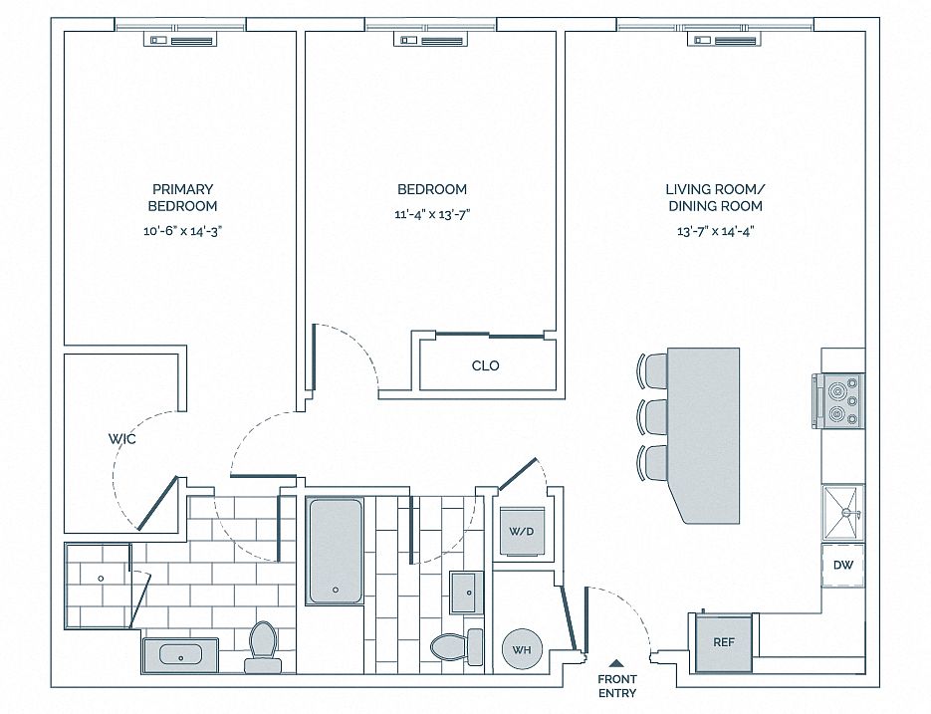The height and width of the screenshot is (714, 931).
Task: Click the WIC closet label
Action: point(121,439)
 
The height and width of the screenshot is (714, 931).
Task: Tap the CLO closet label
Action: point(485,365)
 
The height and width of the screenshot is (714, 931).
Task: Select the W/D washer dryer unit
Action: point(522,532)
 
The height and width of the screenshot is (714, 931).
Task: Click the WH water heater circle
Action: point(522,649)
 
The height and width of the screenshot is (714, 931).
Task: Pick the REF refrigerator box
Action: point(724,642)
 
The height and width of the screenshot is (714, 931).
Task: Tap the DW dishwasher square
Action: point(842,565)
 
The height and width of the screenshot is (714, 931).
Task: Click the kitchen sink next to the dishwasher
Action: point(843,513)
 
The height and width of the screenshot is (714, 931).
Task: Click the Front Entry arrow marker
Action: point(617,663)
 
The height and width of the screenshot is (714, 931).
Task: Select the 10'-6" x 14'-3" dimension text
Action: point(183,231)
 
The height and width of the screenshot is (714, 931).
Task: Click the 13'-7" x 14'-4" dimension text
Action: point(716,231)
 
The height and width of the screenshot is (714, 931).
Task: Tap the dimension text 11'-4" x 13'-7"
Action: point(432,214)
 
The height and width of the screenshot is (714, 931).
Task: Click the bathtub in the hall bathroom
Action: point(335,551)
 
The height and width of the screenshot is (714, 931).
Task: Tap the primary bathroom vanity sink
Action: point(180,655)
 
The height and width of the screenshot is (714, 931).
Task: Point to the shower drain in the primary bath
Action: point(101,579)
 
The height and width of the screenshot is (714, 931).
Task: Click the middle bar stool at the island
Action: point(651,417)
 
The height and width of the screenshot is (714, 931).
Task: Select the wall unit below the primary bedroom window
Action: point(181,40)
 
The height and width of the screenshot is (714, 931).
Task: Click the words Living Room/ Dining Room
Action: point(716,198)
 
